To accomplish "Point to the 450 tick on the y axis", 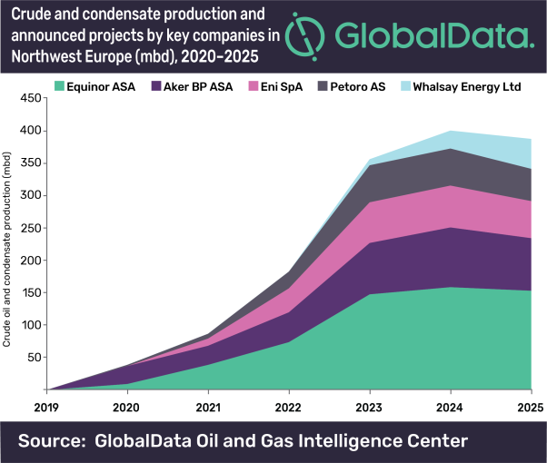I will (x=33, y=98).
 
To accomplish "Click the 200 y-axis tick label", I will (x=33, y=260).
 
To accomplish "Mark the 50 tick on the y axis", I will (x=35, y=357).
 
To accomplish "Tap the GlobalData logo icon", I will (x=303, y=34).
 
